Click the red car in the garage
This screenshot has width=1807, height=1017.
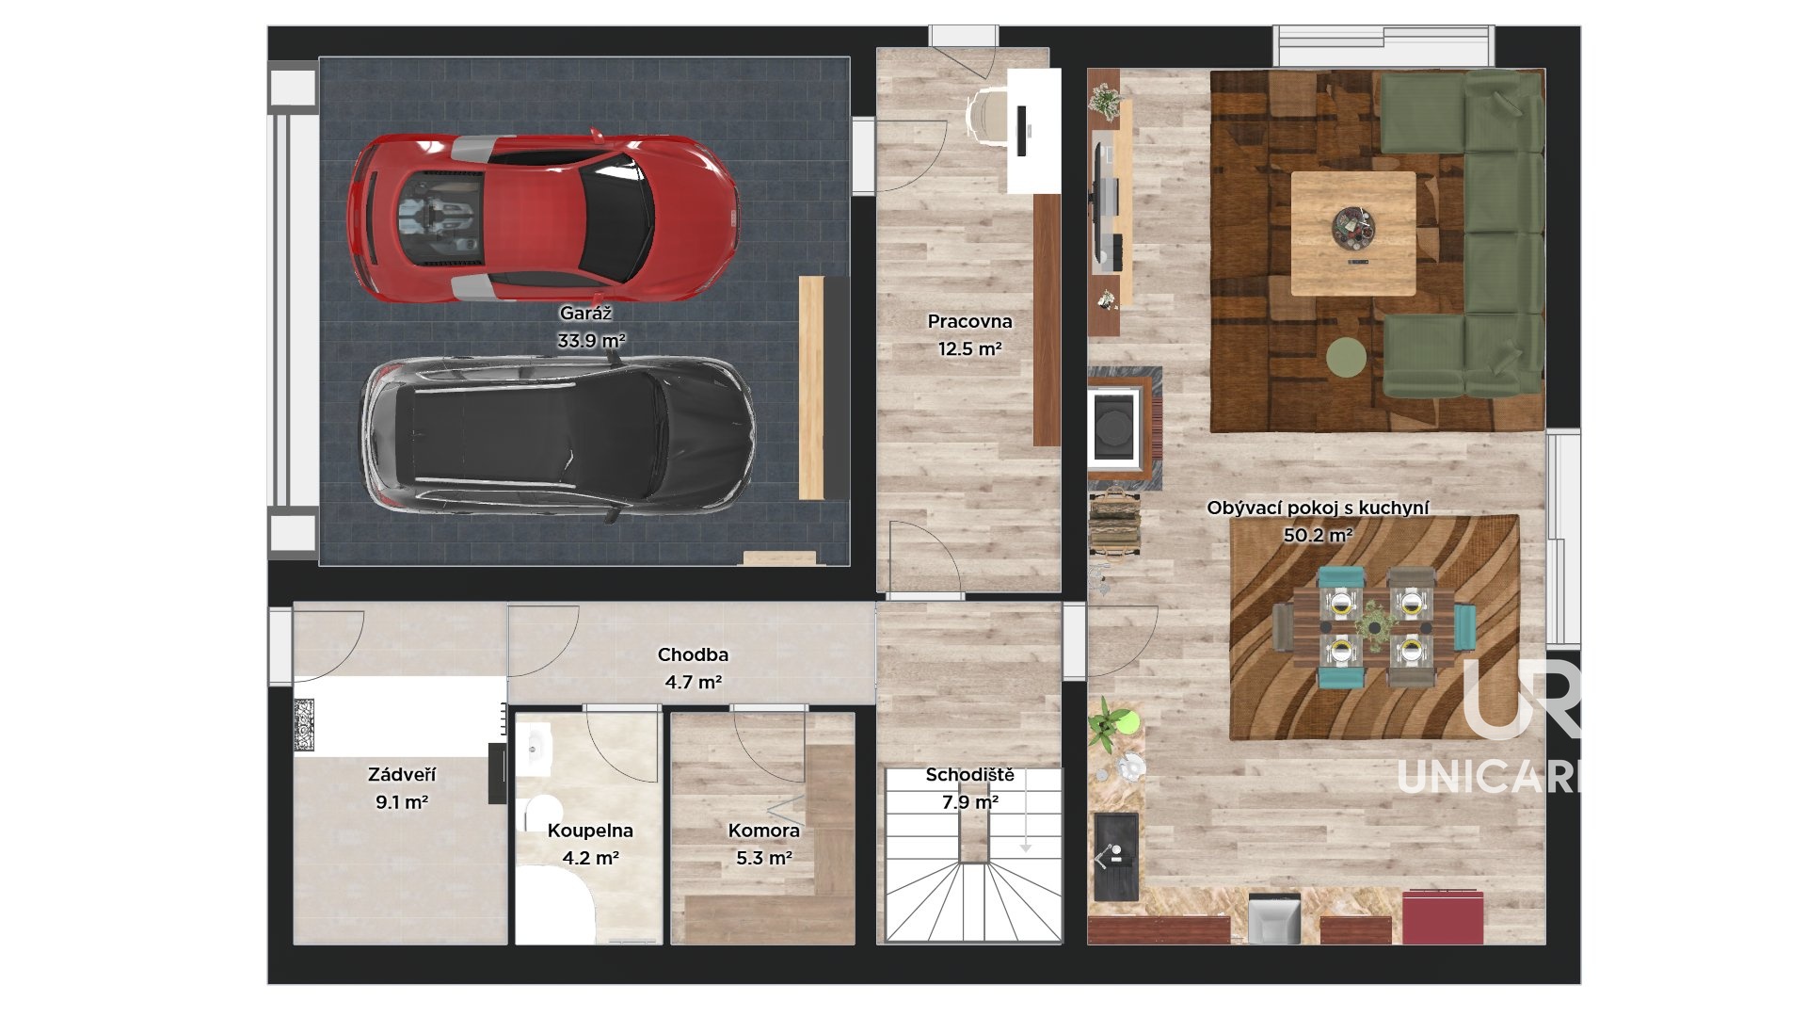542,218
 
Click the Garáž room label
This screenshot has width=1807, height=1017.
585,314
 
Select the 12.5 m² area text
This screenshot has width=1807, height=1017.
969,348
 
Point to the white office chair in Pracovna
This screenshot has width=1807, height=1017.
987,114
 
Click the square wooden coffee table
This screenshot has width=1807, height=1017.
1353,234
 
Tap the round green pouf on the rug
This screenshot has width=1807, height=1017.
1347,357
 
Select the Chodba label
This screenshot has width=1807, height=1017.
693,654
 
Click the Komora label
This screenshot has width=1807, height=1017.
763,831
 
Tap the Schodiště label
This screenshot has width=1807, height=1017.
969,775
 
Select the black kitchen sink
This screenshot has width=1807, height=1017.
1116,857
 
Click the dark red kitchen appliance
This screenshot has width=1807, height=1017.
1443,916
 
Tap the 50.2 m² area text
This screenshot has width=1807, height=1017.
1319,536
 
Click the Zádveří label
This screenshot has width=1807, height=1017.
402,775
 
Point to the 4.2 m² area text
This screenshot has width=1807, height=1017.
590,858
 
